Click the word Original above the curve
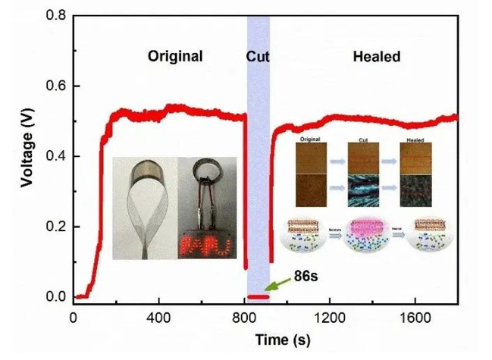pyautogui.click(x=175, y=56)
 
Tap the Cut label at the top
pyautogui.click(x=259, y=56)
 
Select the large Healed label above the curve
pyautogui.click(x=377, y=56)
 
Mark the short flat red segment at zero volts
pyautogui.click(x=259, y=296)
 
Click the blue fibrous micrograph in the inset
pyautogui.click(x=364, y=190)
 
